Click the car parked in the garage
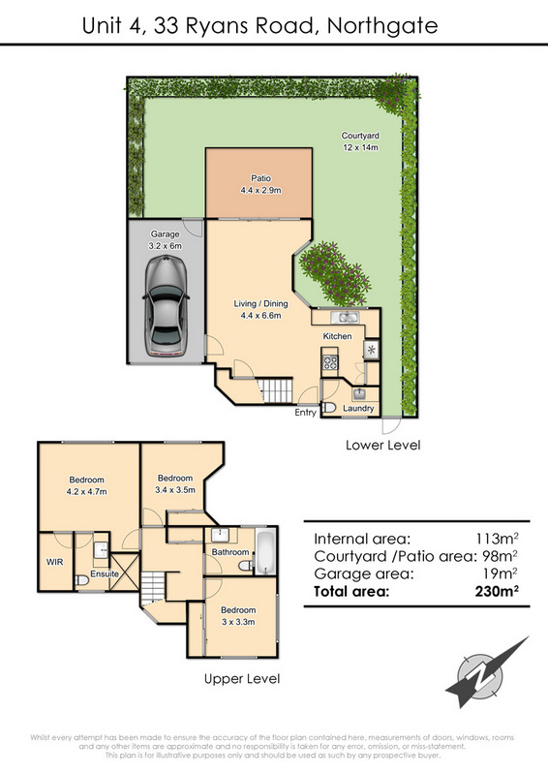(x=166, y=305)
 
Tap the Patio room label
(x=260, y=184)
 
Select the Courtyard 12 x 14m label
(x=360, y=141)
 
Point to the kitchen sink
(x=345, y=317)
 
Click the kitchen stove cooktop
(x=329, y=362)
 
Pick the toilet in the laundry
(x=328, y=408)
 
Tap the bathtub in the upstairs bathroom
(x=265, y=551)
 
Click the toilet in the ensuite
(x=81, y=579)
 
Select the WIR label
(x=54, y=562)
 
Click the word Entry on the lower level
(x=305, y=413)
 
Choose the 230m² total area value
(x=497, y=591)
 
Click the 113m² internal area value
(x=497, y=539)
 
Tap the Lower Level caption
(x=383, y=445)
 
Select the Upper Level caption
(x=242, y=679)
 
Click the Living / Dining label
(x=260, y=309)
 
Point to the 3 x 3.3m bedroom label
(x=238, y=616)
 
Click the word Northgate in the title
(x=382, y=26)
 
